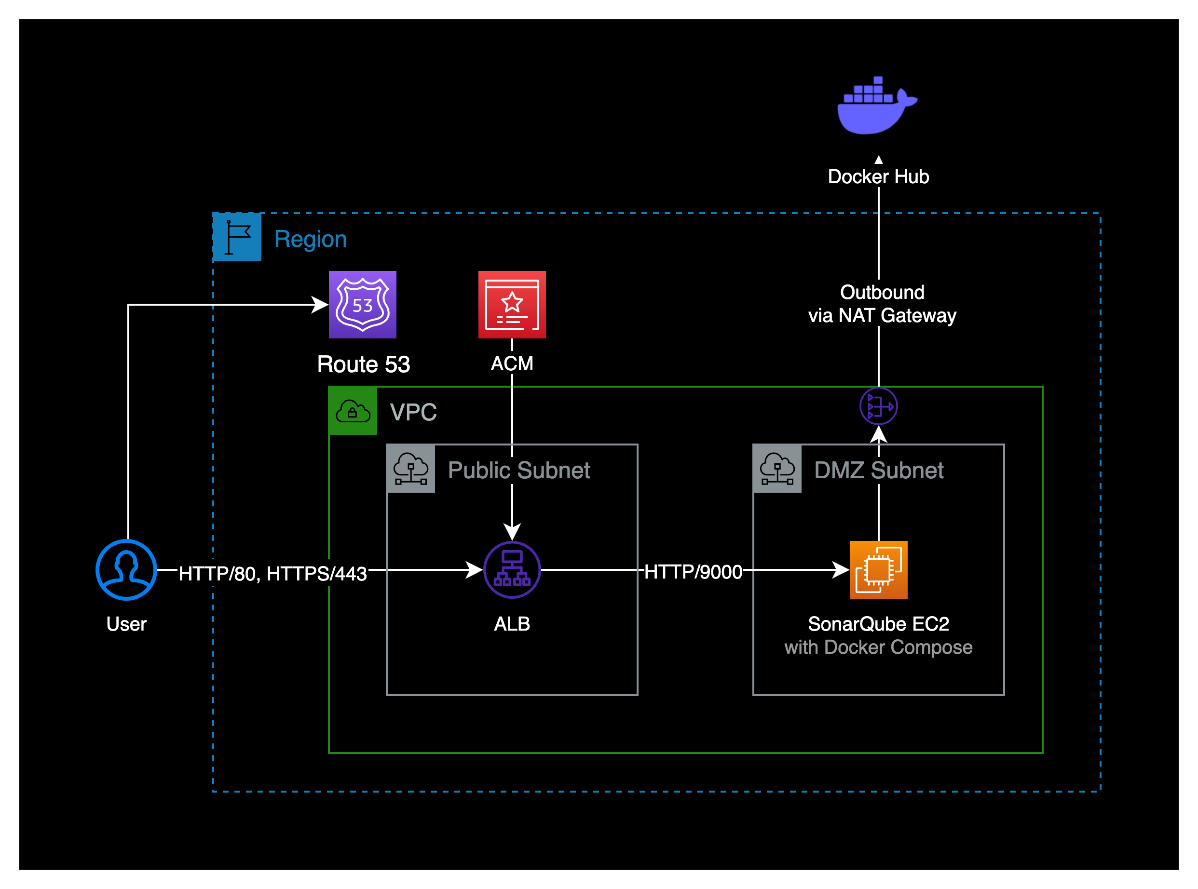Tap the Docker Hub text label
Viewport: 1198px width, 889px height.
878,176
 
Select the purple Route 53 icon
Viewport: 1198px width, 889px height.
362,305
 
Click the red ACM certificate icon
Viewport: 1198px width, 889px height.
512,305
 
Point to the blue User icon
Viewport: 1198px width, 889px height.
126,569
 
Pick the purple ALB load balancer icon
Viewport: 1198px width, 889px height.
512,569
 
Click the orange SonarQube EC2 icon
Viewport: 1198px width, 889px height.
878,569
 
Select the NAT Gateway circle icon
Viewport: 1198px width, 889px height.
878,406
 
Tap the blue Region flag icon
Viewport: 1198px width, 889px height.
237,237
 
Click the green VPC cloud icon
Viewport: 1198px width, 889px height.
353,411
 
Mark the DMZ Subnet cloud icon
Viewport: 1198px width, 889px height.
777,469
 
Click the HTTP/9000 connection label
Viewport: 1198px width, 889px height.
693,571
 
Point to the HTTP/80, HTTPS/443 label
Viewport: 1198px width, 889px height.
273,574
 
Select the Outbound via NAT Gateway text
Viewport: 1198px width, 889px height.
882,304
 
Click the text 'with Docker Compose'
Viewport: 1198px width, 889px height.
878,647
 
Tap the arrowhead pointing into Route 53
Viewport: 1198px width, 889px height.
320,305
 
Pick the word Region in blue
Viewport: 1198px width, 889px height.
311,239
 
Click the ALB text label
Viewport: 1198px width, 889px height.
512,624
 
